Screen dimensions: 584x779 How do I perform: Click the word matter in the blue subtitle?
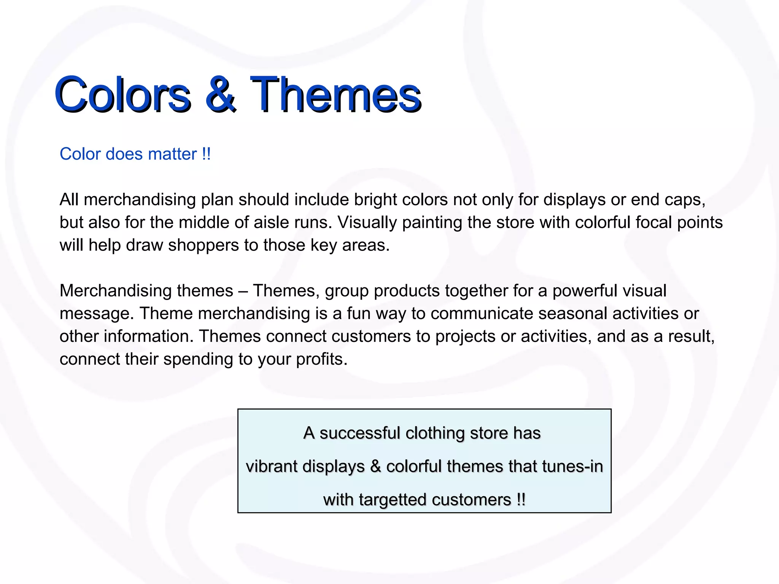pos(172,154)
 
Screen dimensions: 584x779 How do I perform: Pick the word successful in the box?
pos(360,433)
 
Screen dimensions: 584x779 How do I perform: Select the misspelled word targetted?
pos(393,500)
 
